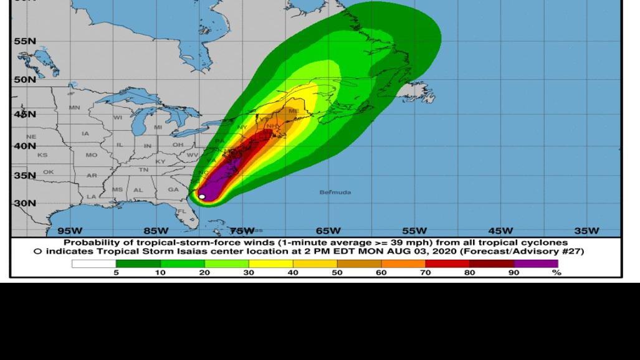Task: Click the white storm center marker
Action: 202,197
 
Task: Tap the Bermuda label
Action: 335,192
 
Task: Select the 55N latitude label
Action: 25,41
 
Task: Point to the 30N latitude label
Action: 25,203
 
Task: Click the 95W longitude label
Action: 69,231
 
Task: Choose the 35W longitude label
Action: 586,231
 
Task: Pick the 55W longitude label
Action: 414,231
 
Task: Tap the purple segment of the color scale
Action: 536,263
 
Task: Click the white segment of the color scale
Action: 93,263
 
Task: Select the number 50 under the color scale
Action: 337,273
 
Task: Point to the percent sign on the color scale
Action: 556,273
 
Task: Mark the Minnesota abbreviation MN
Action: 75,108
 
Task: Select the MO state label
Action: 92,154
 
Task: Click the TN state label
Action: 143,169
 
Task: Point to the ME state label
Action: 294,111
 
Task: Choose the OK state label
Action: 48,172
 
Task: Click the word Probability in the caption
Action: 92,243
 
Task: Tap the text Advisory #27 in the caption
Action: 552,252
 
